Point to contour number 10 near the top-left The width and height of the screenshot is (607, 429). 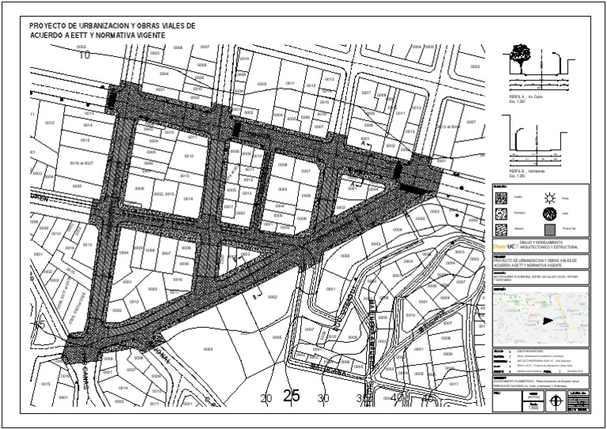click(85, 55)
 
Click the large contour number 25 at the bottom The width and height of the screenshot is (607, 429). click(291, 397)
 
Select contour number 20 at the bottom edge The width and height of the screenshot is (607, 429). click(266, 399)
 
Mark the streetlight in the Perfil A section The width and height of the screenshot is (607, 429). click(564, 63)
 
